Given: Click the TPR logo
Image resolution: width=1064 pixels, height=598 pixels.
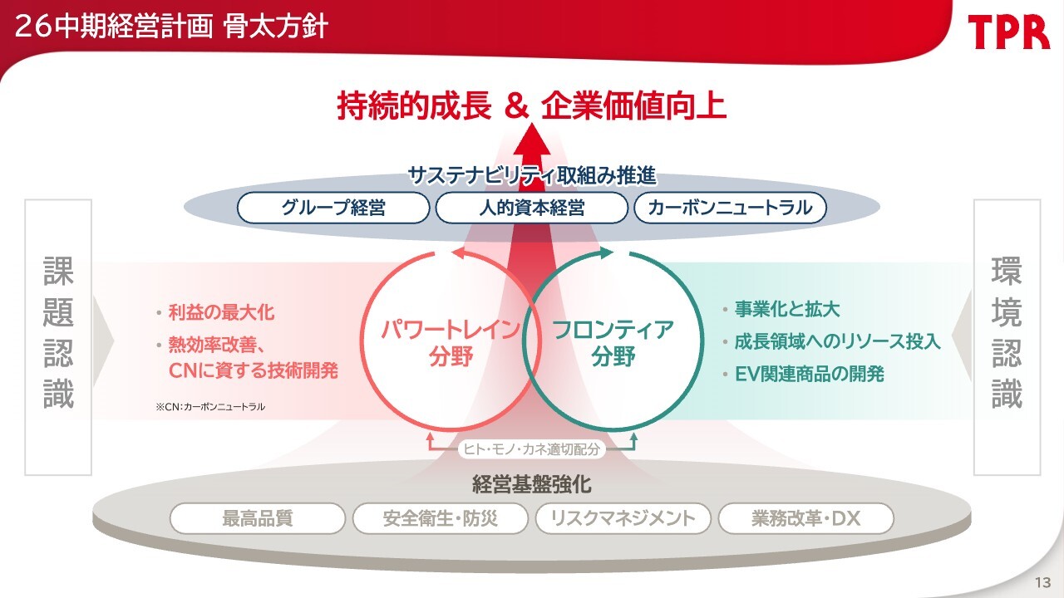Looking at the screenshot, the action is [1008, 32].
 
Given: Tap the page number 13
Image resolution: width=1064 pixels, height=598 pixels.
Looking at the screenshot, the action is [1042, 582].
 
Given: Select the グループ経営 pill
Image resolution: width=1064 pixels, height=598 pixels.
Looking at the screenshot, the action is [333, 208].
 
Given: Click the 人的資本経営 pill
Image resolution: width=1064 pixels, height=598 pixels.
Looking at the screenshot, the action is [531, 208].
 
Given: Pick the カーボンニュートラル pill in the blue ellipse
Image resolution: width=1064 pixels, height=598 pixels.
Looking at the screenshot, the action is [730, 208].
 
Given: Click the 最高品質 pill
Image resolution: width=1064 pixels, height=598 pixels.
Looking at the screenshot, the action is [258, 518].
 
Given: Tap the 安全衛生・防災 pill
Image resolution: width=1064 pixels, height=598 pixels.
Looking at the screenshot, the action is [441, 518].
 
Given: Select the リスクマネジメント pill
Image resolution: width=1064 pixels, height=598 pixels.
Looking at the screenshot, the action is [623, 518].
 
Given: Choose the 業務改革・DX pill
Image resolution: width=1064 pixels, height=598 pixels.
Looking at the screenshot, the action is [806, 518].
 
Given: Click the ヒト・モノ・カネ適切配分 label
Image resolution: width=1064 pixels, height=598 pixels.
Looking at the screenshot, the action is [531, 449].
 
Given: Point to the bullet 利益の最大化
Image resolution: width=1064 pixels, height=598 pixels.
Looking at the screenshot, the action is [216, 313].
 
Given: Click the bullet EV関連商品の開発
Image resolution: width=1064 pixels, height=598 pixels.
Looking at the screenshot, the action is [804, 374].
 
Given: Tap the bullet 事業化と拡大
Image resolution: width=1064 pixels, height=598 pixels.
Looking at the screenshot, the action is [781, 310].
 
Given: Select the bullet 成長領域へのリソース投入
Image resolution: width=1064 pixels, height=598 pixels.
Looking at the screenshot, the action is [832, 341].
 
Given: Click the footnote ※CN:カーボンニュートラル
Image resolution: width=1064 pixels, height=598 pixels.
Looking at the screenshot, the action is [210, 407].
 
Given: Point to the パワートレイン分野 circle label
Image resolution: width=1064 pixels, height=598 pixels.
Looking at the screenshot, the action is [451, 343].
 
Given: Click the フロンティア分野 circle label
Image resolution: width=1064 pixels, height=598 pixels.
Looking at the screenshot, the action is [613, 343].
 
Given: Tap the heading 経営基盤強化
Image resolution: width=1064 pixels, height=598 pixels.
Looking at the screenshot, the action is [531, 483].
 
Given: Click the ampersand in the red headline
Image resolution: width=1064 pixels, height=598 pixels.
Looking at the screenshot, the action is [516, 105].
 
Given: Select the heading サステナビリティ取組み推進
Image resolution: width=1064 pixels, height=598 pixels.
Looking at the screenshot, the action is [532, 175].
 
